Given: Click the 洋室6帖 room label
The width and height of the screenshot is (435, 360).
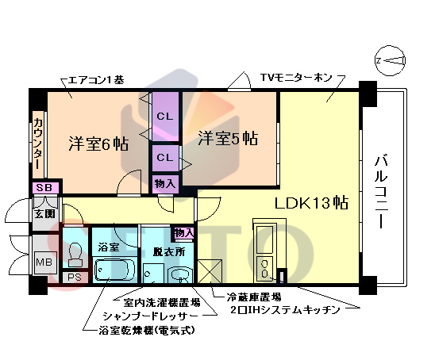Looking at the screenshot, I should pyautogui.click(x=98, y=144).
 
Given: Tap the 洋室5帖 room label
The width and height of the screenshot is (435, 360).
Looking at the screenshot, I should pyautogui.click(x=227, y=138).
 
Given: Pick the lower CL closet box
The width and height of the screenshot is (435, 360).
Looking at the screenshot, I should pyautogui.click(x=164, y=158).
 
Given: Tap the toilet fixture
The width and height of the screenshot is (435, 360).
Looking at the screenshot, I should pyautogui.click(x=75, y=254).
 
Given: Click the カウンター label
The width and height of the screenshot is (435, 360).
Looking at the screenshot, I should pyautogui.click(x=37, y=144).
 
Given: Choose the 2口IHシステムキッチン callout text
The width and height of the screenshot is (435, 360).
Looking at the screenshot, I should pyautogui.click(x=284, y=308).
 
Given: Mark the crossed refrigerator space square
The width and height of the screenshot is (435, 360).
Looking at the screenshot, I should pyautogui.click(x=210, y=271).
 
